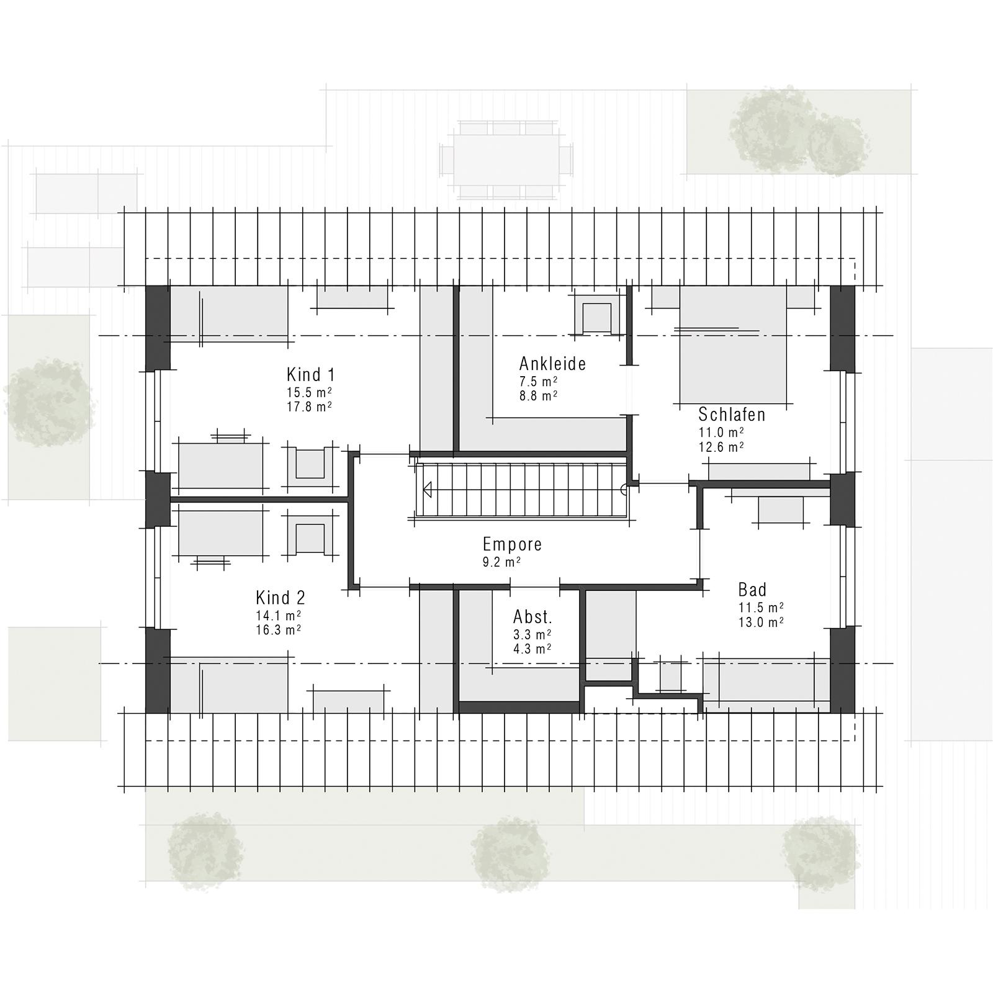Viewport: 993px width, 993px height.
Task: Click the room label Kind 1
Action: click(x=310, y=375)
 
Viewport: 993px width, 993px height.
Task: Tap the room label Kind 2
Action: click(x=281, y=598)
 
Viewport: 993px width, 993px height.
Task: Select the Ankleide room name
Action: click(x=552, y=364)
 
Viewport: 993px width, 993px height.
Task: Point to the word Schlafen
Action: click(x=732, y=415)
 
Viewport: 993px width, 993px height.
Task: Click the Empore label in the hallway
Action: click(x=512, y=545)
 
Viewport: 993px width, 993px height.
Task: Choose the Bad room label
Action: click(x=752, y=590)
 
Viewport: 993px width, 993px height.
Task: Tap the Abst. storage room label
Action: click(x=532, y=618)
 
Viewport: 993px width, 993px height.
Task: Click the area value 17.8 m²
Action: click(x=308, y=407)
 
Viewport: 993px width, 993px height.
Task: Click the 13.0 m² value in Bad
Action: click(x=760, y=622)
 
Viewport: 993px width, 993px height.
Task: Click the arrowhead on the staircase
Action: click(x=428, y=490)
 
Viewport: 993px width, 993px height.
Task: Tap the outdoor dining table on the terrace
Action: click(x=506, y=160)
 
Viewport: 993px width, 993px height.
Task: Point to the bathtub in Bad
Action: click(x=766, y=683)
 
